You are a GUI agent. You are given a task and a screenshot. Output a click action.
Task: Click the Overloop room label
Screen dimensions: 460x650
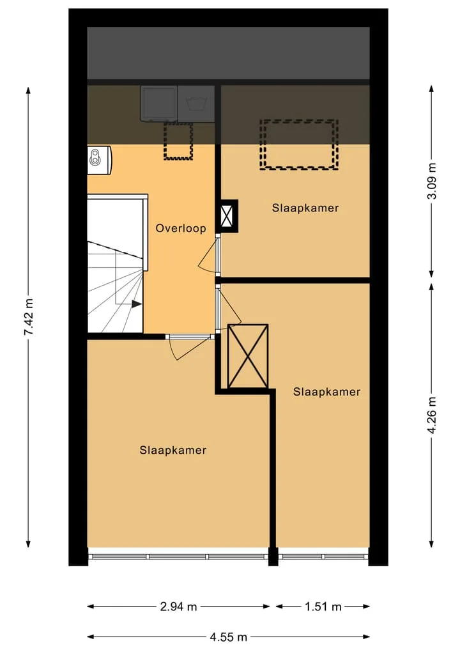tap(181, 228)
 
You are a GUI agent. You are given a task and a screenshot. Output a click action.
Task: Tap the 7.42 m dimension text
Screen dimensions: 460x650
tap(29, 317)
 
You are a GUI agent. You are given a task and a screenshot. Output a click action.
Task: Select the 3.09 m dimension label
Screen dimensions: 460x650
tap(431, 181)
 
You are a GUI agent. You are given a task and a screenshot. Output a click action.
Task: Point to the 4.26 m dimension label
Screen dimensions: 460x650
tap(431, 415)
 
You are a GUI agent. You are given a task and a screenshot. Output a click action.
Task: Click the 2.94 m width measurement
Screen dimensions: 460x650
tap(179, 607)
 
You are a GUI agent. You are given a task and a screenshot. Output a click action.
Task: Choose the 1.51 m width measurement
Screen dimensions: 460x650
tap(323, 607)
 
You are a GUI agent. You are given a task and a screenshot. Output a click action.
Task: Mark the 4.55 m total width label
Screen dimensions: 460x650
tap(228, 637)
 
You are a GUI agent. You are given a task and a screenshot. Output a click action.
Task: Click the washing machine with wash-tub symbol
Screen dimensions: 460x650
tap(196, 104)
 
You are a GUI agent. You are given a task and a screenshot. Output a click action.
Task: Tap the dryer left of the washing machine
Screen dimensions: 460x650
tap(158, 104)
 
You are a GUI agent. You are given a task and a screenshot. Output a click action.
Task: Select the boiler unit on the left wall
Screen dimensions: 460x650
tap(100, 160)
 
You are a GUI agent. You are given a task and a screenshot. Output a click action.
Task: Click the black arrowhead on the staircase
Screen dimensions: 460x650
tap(137, 304)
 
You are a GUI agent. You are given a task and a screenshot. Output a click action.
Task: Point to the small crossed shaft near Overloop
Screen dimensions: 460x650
tap(227, 216)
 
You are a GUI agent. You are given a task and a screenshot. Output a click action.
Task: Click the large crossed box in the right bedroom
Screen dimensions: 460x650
tap(248, 357)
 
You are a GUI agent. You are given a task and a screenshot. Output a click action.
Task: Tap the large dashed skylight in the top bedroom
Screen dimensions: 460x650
tap(299, 144)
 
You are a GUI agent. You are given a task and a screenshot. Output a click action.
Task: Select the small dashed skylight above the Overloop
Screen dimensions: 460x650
tap(179, 140)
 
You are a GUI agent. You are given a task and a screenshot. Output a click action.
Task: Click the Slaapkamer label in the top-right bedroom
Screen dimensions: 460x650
tap(305, 208)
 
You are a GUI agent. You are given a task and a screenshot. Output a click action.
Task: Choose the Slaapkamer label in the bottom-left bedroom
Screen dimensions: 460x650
tap(172, 450)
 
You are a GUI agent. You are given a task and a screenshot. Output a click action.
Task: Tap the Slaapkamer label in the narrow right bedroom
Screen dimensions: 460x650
tap(326, 392)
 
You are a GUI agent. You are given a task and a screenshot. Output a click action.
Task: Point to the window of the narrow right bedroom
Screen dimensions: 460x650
tap(323, 557)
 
